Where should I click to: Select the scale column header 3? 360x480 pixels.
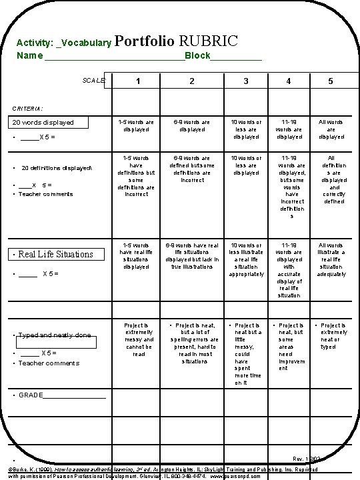click(x=245, y=81)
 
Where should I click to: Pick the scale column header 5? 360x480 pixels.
click(x=330, y=81)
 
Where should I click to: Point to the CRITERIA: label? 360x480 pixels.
click(x=28, y=107)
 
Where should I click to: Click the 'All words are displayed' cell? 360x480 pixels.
click(x=330, y=129)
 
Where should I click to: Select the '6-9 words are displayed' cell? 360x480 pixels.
click(x=191, y=126)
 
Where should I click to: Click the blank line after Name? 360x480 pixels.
click(x=113, y=56)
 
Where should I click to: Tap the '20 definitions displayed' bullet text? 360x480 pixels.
click(x=57, y=168)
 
